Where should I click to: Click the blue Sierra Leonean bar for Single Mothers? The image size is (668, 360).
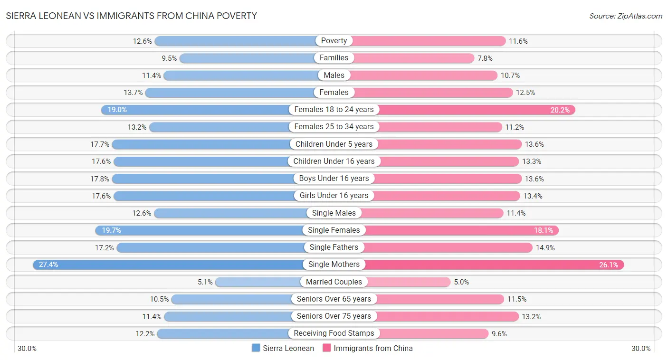click(x=171, y=265)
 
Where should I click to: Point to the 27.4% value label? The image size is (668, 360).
click(x=48, y=265)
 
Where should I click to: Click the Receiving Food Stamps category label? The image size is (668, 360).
click(x=334, y=333)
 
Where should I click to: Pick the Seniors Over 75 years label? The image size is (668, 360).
click(x=334, y=316)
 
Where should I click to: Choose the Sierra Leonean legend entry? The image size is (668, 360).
click(x=283, y=348)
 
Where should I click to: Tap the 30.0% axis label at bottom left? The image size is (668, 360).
click(x=27, y=348)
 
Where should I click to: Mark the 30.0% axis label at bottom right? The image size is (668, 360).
click(x=641, y=348)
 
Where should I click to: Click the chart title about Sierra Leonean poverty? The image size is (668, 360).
click(x=132, y=16)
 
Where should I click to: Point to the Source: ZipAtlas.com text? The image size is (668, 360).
click(x=626, y=16)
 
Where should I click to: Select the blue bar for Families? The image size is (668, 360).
click(x=247, y=58)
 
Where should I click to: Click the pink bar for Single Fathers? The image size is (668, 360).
click(x=451, y=247)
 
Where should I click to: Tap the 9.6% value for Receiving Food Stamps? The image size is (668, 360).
click(x=499, y=333)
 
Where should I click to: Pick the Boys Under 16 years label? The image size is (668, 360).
click(x=334, y=179)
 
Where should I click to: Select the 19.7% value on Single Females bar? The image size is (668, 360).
click(x=111, y=230)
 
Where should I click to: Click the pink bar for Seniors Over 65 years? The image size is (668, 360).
click(x=439, y=299)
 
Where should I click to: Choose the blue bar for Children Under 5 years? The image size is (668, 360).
click(x=202, y=144)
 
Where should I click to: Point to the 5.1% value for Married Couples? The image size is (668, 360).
click(x=205, y=282)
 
